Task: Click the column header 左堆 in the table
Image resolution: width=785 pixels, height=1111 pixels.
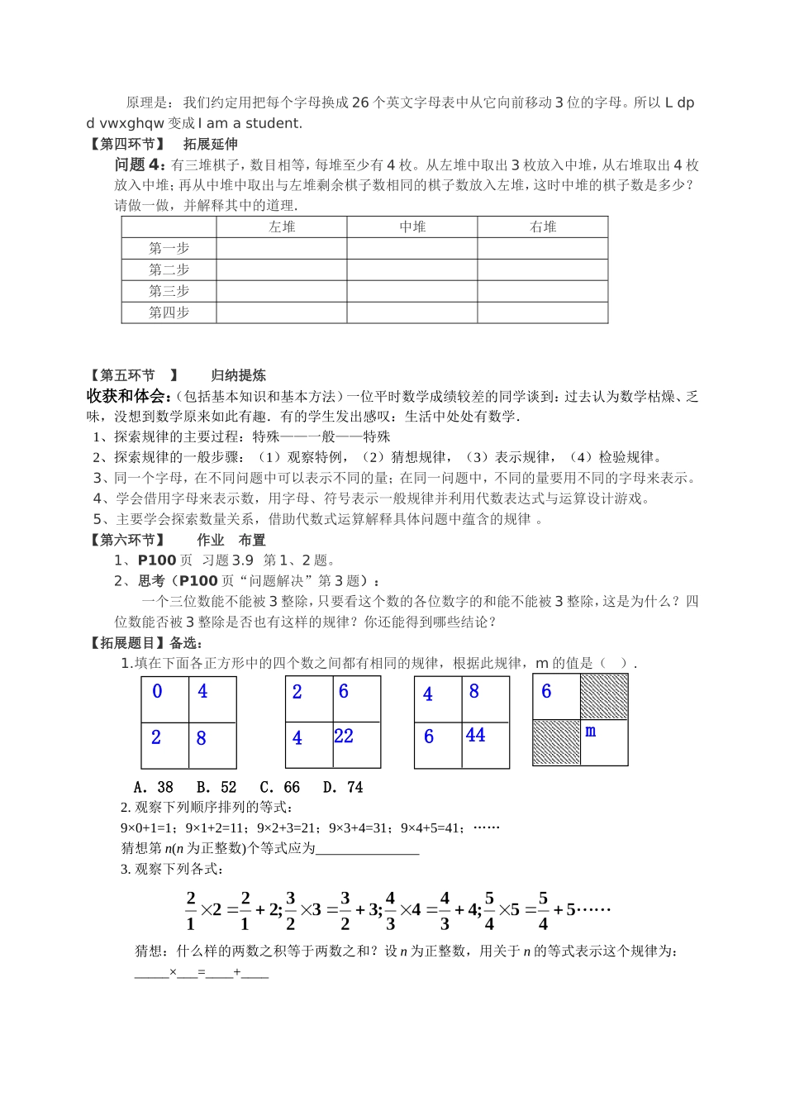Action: tap(282, 226)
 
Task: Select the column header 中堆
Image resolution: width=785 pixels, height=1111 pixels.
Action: tap(412, 226)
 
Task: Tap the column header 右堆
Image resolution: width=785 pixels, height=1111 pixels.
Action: tap(543, 226)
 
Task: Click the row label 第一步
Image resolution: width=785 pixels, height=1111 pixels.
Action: tap(169, 248)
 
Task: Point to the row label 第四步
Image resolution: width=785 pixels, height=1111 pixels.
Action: tap(169, 312)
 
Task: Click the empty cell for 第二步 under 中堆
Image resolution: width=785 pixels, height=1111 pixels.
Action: tap(412, 269)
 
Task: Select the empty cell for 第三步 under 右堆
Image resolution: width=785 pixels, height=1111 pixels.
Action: tap(543, 291)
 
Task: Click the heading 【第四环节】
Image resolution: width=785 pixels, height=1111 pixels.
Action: tap(127, 144)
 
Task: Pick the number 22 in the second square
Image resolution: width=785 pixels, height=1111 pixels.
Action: tap(344, 737)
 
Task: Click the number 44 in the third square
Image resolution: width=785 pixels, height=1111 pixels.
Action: tap(475, 735)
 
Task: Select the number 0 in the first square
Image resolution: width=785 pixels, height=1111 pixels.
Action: tap(157, 691)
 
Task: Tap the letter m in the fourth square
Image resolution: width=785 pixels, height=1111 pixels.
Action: tap(590, 732)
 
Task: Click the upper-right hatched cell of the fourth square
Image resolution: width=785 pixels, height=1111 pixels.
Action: tap(604, 697)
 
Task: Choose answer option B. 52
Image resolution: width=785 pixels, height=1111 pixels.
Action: tap(216, 787)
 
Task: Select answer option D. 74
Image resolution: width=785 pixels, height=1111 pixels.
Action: tap(343, 787)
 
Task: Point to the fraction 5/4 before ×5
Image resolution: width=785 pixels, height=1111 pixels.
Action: tap(489, 910)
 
